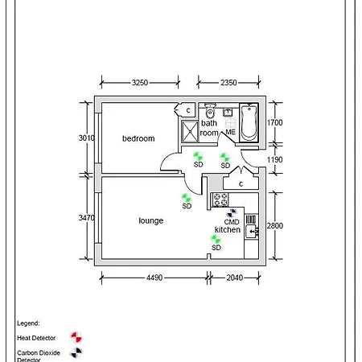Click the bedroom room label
(x=138, y=138)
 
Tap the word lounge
(x=151, y=220)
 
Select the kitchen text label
(x=228, y=229)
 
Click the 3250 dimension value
(x=140, y=82)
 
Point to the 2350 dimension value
(x=228, y=82)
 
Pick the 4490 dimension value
(x=154, y=278)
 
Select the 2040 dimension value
(x=235, y=278)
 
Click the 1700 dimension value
(x=275, y=122)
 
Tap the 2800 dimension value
(x=275, y=225)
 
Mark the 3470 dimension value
(x=87, y=217)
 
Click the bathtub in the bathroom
(x=249, y=122)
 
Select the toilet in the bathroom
(x=210, y=110)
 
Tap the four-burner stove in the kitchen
(x=220, y=200)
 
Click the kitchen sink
(x=252, y=231)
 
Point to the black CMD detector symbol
(x=232, y=213)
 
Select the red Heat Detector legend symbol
(x=76, y=337)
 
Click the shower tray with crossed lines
(x=190, y=131)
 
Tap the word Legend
(x=28, y=323)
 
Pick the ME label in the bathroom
(x=231, y=132)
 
